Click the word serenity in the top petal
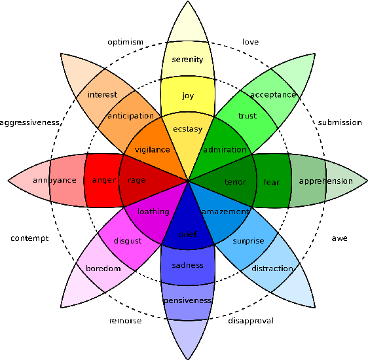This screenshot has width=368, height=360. (x=187, y=60)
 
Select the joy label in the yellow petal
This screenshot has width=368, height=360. (x=188, y=96)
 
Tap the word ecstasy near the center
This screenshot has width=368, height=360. (x=188, y=130)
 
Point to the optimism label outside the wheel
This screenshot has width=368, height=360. (x=125, y=42)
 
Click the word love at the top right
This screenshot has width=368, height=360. (x=250, y=42)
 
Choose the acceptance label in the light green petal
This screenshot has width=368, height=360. (x=273, y=94)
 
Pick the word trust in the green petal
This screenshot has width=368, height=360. (x=247, y=117)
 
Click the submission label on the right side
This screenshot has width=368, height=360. (x=339, y=122)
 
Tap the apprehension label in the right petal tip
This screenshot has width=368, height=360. (x=325, y=181)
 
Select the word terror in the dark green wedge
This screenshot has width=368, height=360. (x=235, y=182)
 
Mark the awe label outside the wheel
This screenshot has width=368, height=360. (x=339, y=238)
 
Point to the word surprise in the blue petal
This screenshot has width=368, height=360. (x=248, y=241)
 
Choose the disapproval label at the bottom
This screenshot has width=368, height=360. (x=250, y=321)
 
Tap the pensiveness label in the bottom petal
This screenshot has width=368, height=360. (x=188, y=300)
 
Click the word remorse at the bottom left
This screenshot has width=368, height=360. (x=124, y=321)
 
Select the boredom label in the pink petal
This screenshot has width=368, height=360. (x=103, y=268)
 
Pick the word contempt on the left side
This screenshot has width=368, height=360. (x=29, y=238)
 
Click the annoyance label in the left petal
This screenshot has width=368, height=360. (x=55, y=180)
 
